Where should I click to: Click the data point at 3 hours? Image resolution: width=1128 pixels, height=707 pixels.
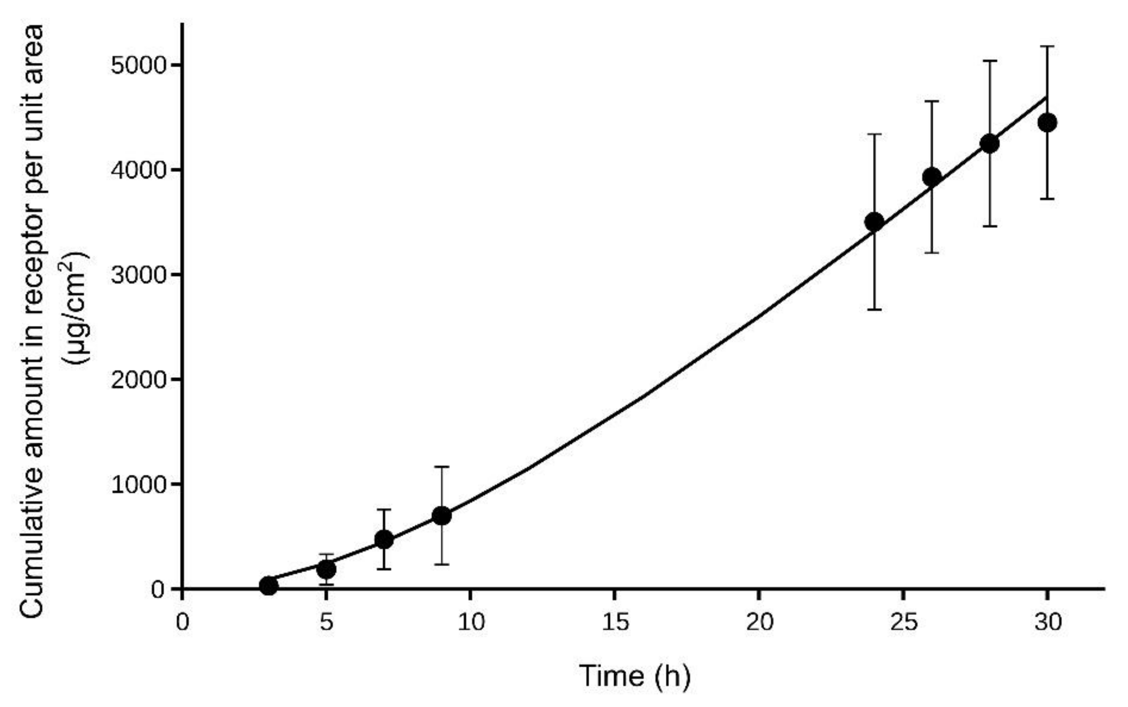pos(268,585)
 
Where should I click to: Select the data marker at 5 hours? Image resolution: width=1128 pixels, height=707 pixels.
pos(326,569)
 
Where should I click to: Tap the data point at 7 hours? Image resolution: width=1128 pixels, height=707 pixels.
pos(384,539)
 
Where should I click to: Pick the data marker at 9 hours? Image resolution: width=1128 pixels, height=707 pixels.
pos(441,516)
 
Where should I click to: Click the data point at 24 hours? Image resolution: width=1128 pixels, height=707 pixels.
pos(874,222)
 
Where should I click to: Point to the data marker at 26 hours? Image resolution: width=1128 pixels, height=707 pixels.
pos(932,177)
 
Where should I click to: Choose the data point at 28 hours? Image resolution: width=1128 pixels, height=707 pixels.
pos(989,143)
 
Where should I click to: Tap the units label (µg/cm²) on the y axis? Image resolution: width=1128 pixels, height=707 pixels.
pos(75,309)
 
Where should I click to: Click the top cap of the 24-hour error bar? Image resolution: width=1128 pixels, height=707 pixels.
pos(874,134)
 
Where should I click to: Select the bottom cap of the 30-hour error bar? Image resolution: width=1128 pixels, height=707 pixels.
pos(1047,199)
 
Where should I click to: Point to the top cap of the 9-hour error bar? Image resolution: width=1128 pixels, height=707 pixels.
pos(441,467)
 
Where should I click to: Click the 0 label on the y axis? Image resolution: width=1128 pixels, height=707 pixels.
pos(158,589)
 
